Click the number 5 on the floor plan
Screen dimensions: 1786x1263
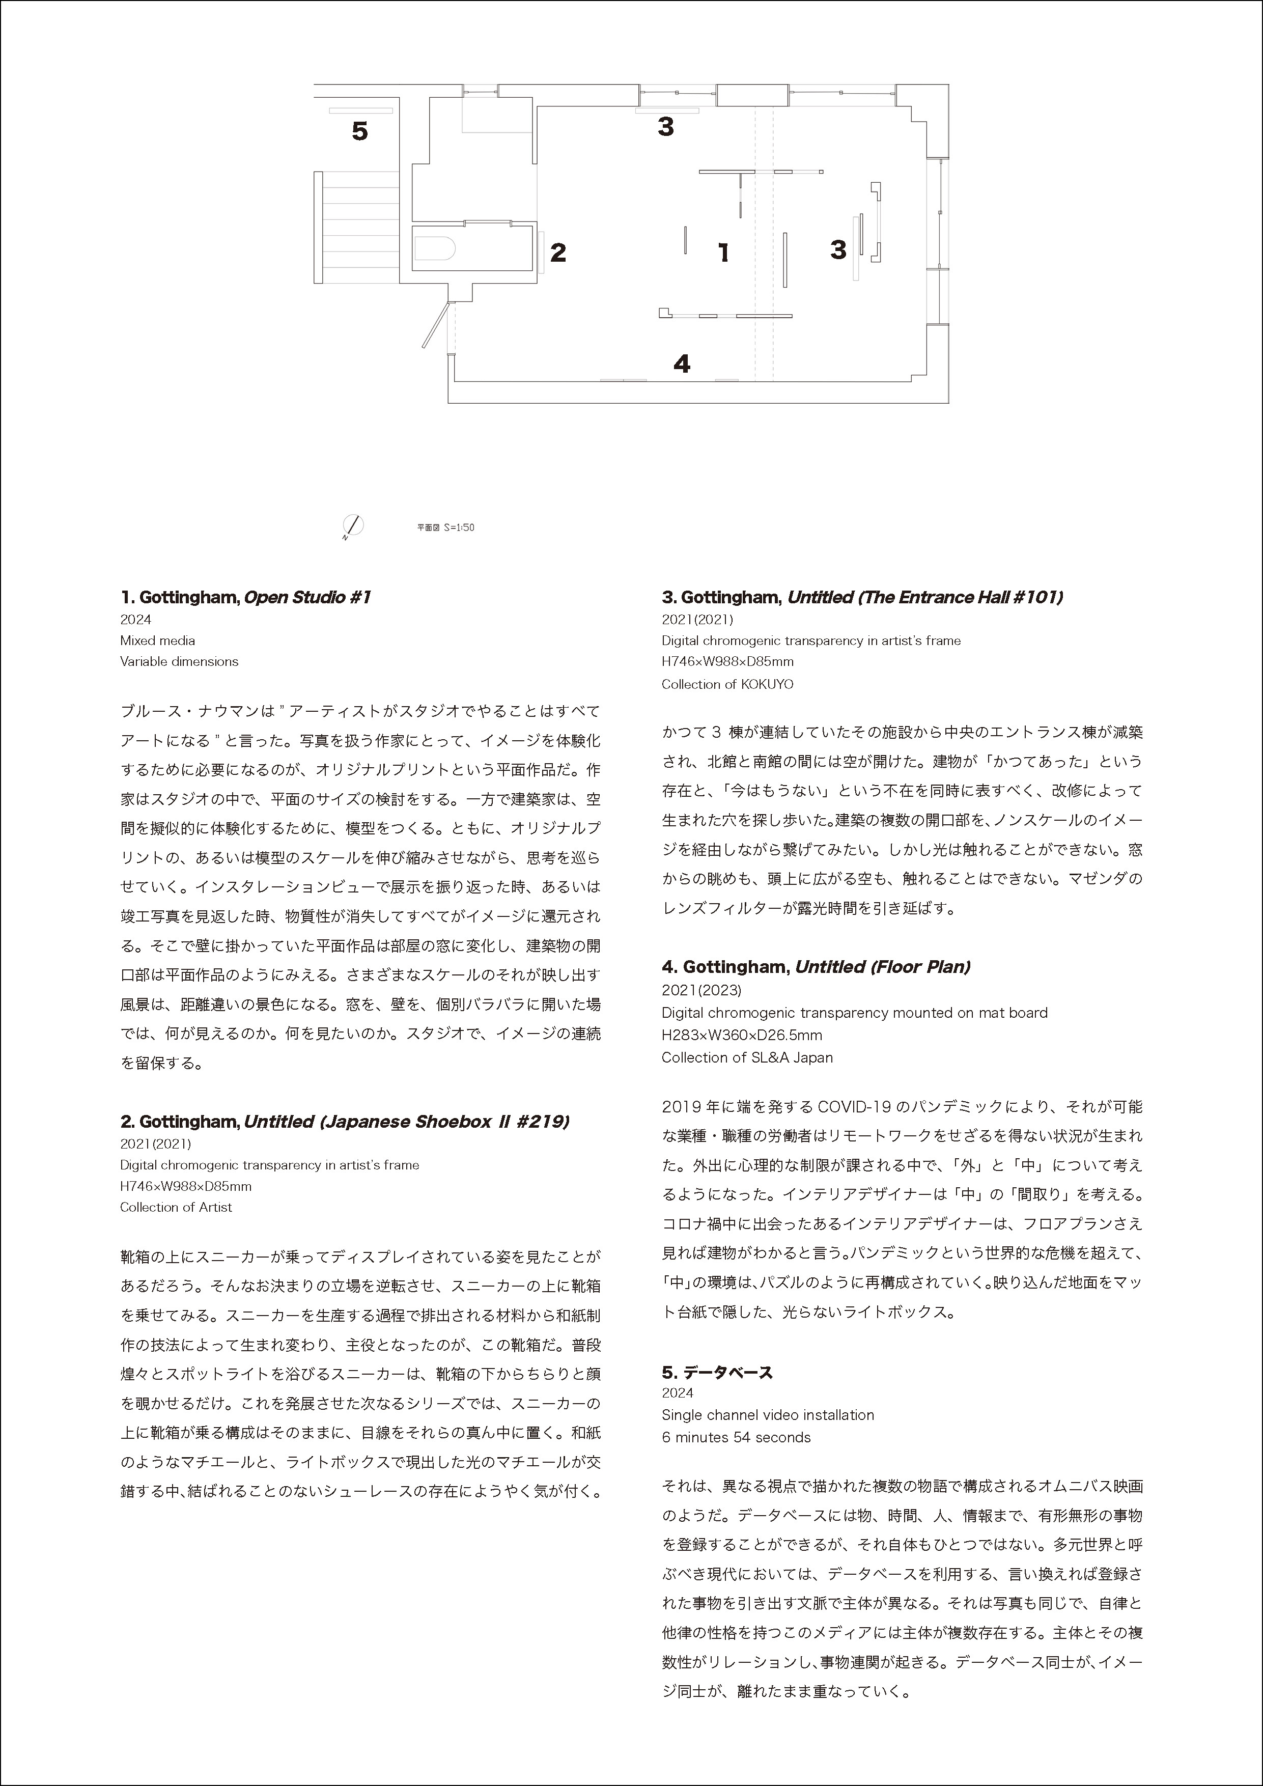point(359,131)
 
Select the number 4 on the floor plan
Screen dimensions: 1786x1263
point(682,364)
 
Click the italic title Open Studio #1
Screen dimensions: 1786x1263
point(307,597)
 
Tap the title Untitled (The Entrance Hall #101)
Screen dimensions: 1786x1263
point(924,597)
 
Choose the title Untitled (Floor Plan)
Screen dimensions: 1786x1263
point(883,967)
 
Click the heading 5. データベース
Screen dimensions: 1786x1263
point(717,1372)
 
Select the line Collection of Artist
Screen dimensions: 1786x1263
point(176,1207)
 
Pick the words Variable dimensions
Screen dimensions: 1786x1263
point(179,662)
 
